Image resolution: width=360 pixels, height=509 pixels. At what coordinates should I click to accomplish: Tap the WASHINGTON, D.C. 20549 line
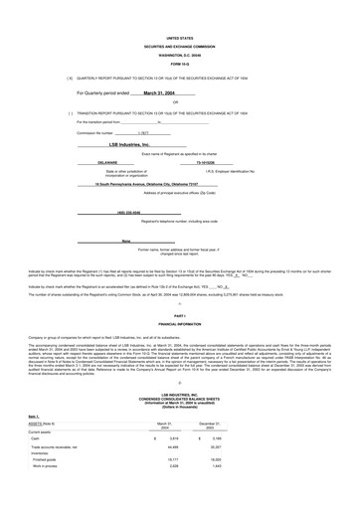tap(180, 52)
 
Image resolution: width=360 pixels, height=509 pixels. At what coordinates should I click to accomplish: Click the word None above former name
tap(127, 242)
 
